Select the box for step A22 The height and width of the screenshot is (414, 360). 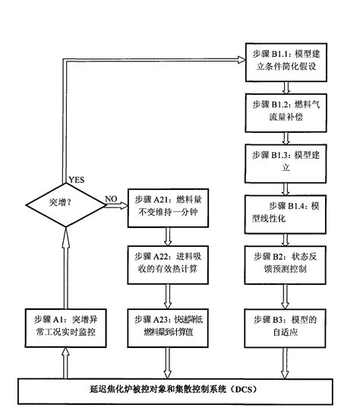tap(167, 262)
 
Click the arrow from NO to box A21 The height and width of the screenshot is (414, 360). tap(117, 206)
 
